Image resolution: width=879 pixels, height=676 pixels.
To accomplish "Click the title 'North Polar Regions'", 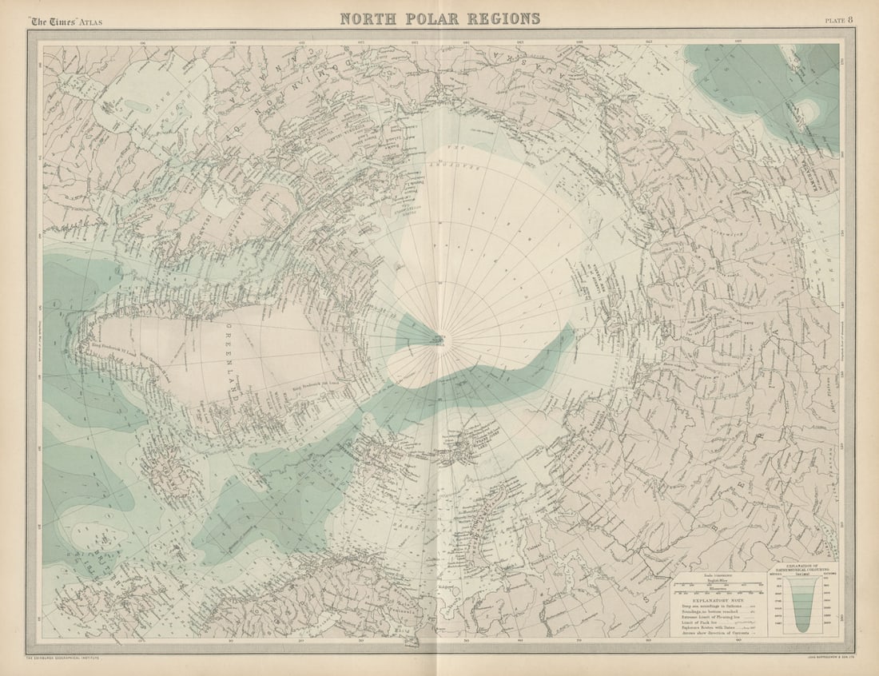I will click(439, 18).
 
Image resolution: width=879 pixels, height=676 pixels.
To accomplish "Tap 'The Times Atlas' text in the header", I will click(66, 21).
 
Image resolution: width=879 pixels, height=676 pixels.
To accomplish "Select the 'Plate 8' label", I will click(838, 20).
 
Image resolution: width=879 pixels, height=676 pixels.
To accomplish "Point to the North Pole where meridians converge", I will click(438, 340).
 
